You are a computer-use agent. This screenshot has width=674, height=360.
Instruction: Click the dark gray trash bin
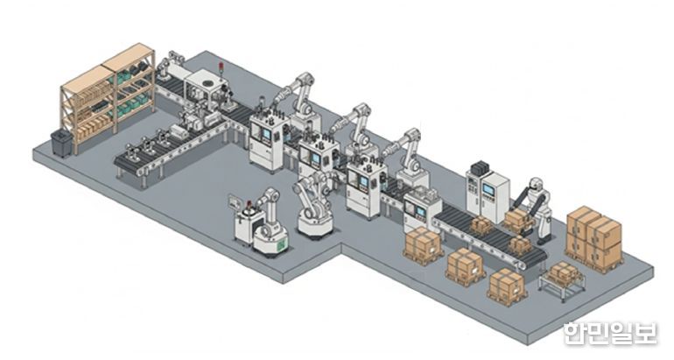click(61, 143)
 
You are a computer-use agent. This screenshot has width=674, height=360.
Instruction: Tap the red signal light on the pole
click(221, 66)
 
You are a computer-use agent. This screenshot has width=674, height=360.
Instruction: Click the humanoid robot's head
click(536, 184)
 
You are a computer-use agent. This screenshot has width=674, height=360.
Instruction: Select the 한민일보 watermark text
click(610, 333)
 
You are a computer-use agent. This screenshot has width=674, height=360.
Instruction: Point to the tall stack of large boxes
click(594, 238)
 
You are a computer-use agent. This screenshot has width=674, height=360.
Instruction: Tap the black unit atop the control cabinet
click(481, 167)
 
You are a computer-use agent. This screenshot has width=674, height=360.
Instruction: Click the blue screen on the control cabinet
click(488, 189)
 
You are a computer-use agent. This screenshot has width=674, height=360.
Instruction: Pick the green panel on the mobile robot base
click(281, 245)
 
